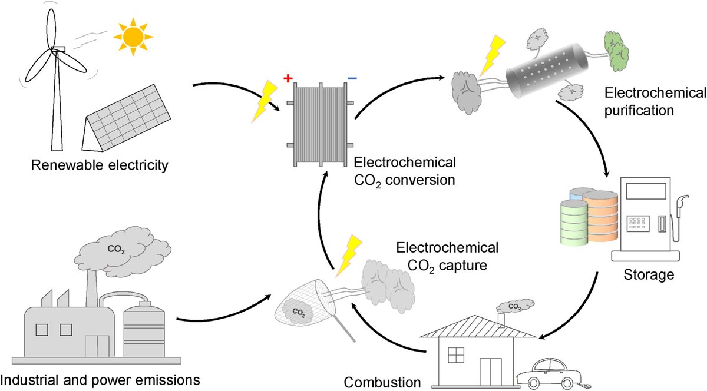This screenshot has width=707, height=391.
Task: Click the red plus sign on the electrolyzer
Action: click(x=288, y=79)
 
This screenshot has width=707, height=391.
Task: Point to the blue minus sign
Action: click(x=352, y=78)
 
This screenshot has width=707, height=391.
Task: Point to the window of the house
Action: click(x=457, y=354)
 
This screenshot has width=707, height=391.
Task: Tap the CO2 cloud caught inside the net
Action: click(x=297, y=309)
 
